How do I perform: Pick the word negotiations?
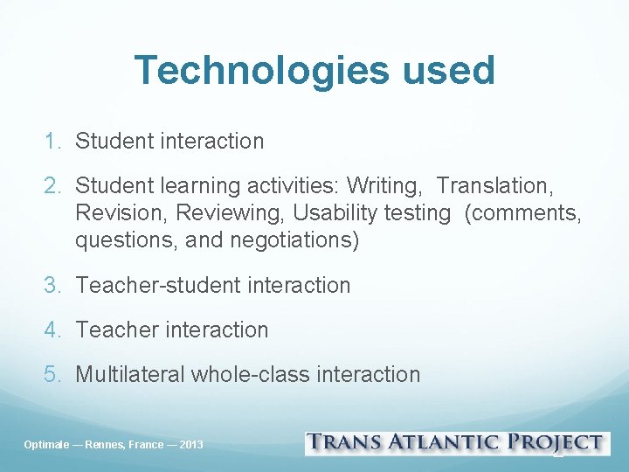[294, 240]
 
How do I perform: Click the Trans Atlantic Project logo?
[455, 443]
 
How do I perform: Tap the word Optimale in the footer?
[48, 445]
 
